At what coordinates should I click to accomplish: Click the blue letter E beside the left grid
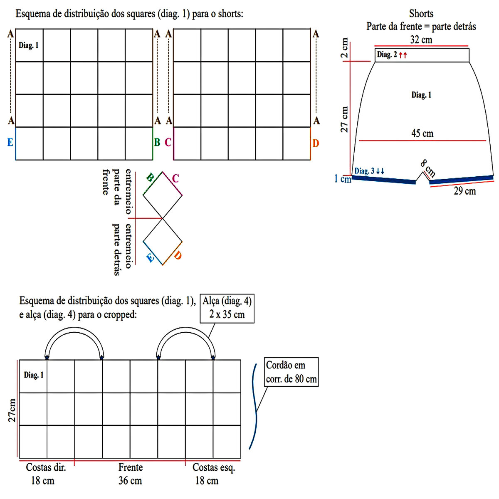point(10,142)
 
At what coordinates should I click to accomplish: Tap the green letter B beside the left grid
point(157,142)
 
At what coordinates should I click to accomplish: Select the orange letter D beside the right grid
point(316,143)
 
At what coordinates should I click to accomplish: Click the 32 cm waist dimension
point(421,40)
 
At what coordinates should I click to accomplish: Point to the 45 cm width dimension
point(422,133)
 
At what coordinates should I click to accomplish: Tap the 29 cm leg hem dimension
point(464,191)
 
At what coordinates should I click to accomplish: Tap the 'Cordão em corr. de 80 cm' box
point(291,372)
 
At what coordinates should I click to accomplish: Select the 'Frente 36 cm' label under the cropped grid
point(130,474)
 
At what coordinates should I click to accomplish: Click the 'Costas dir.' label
point(46,467)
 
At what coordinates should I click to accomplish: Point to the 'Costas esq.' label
point(213,467)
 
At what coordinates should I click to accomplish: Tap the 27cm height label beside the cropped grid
point(12,410)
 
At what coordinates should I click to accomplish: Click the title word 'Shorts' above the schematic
point(421,13)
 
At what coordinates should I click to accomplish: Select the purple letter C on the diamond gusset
point(175,179)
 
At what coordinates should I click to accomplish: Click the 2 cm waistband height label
point(345,49)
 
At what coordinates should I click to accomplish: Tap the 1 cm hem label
point(343,179)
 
